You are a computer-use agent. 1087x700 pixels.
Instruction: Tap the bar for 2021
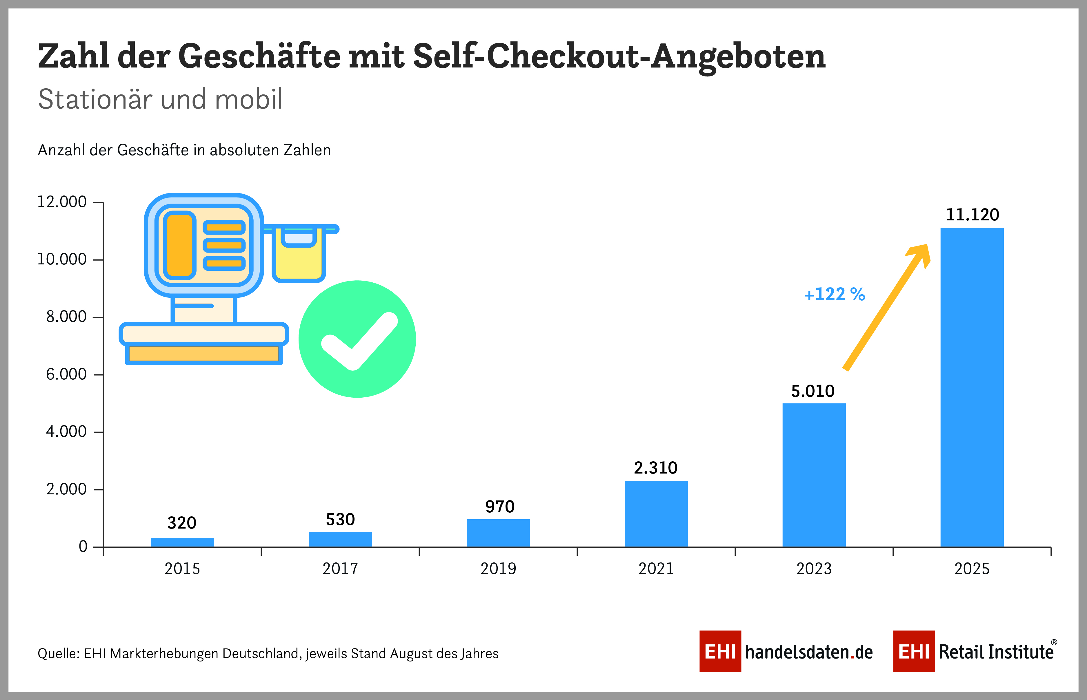click(x=656, y=514)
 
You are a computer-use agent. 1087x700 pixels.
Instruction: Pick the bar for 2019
click(x=498, y=533)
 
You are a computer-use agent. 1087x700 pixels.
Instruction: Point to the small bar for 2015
click(x=182, y=542)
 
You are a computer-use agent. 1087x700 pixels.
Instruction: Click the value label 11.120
click(x=973, y=215)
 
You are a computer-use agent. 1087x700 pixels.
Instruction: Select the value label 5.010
click(x=813, y=391)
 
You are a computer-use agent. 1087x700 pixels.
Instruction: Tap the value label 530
click(x=340, y=519)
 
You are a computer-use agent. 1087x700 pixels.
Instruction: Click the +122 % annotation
click(x=835, y=295)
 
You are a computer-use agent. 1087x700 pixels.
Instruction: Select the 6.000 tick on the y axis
click(x=66, y=374)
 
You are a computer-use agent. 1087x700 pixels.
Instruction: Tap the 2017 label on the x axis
click(x=340, y=569)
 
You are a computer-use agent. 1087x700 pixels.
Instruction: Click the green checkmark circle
click(x=357, y=339)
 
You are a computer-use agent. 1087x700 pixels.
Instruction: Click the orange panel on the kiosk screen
click(x=180, y=246)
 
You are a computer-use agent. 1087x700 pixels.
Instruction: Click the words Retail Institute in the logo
click(x=996, y=652)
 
